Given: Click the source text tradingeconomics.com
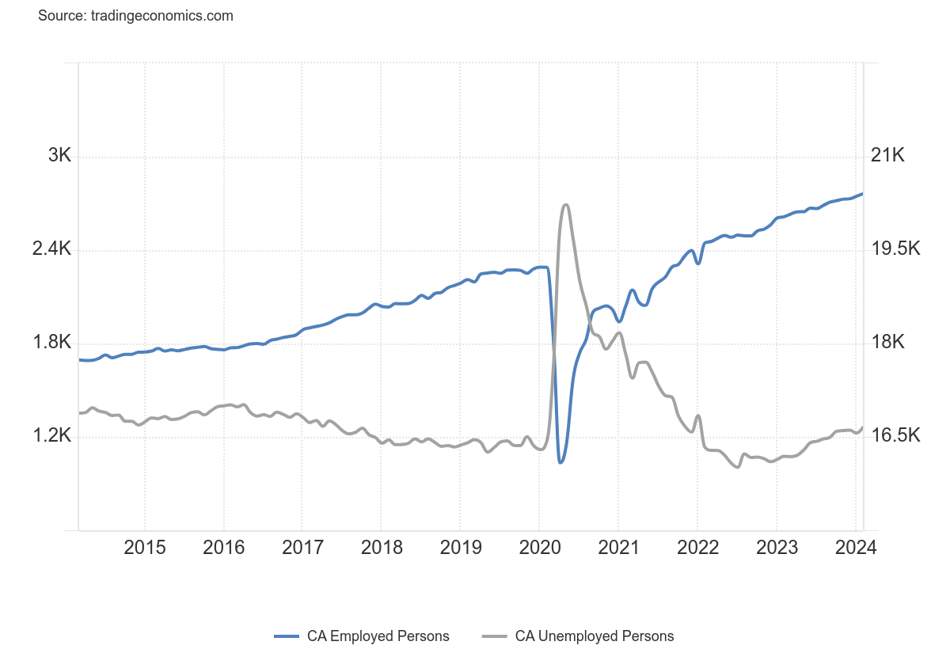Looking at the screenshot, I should (x=135, y=16).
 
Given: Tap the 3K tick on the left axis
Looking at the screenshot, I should (x=59, y=156).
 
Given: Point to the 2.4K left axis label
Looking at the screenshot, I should (x=51, y=249).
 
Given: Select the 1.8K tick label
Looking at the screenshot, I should (x=51, y=343).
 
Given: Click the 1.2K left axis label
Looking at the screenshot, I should (x=51, y=436).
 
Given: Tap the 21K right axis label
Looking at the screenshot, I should (x=887, y=156).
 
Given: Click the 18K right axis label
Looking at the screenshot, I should (x=887, y=343).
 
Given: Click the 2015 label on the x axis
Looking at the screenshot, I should (x=144, y=548).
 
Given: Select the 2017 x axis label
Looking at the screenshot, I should (x=302, y=548).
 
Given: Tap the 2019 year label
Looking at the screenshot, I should (x=459, y=548).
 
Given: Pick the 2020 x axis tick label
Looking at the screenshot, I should (x=538, y=548).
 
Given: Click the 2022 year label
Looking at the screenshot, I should (x=697, y=548).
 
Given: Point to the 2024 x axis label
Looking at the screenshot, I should (x=855, y=548).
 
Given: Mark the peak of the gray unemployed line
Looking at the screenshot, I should (x=565, y=205).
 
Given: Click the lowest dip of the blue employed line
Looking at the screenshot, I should (x=560, y=462).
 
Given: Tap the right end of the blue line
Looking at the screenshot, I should (x=862, y=194).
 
